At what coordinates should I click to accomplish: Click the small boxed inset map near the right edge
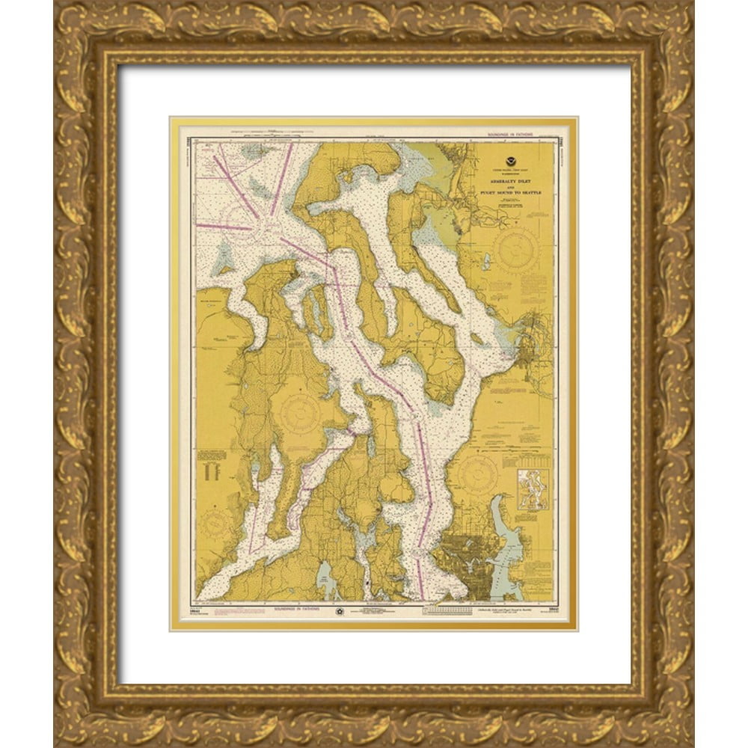pyautogui.click(x=533, y=489)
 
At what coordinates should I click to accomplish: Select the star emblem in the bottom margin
pyautogui.click(x=340, y=610)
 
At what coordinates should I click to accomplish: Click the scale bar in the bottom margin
pyautogui.click(x=447, y=610)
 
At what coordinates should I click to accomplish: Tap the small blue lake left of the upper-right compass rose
pyautogui.click(x=487, y=262)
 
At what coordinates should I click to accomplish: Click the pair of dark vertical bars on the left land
pyautogui.click(x=215, y=471)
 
